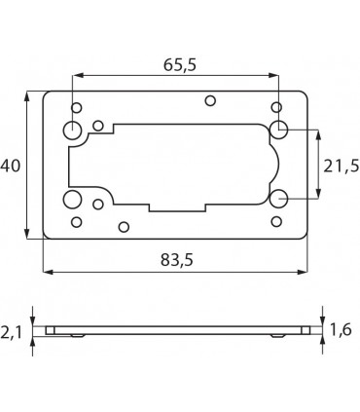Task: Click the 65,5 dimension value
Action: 180,65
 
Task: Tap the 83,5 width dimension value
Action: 177,260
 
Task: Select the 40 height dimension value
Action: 11,166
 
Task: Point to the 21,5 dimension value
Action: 342,167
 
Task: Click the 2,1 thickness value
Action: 11,332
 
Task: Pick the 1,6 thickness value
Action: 341,330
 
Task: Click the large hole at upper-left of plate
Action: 72,131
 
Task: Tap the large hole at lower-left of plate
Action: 72,200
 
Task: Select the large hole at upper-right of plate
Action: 279,130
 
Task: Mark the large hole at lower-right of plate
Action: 279,199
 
